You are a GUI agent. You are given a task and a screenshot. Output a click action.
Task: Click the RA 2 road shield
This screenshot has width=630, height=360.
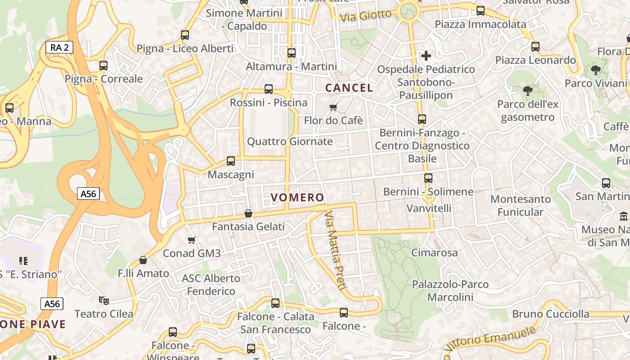59,47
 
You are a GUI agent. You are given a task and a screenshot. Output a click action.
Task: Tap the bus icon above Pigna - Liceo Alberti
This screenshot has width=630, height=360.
184,35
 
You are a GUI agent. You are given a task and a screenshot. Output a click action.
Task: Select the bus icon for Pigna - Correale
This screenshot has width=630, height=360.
103,65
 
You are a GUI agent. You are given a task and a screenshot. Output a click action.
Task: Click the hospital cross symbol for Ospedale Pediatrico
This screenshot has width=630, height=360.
426,56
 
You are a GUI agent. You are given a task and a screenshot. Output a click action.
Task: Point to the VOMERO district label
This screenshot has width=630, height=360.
297,197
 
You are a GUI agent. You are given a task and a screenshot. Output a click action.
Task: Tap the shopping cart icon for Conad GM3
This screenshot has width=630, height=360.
192,240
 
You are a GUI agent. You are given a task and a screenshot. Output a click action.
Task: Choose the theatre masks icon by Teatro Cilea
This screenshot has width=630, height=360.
103,300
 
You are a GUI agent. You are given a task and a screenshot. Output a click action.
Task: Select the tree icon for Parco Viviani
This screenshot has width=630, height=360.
596,70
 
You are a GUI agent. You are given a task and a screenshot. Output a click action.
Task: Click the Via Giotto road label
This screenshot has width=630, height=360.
366,16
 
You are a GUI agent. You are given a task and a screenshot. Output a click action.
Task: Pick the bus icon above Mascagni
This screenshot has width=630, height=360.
231,161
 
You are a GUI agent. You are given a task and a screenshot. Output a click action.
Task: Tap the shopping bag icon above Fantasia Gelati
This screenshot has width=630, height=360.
248,213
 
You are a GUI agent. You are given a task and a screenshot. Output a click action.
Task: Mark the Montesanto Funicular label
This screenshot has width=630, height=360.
520,205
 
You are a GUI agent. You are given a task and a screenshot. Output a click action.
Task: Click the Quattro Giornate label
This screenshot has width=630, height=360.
290,141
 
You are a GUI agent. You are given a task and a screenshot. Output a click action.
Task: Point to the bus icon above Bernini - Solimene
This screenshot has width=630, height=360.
428,178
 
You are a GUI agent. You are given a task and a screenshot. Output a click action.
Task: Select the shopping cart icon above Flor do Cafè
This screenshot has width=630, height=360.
333,107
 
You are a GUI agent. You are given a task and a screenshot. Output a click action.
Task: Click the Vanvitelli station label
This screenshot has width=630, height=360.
428,208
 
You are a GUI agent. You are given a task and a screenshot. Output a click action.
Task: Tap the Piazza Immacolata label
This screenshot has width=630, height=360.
480,24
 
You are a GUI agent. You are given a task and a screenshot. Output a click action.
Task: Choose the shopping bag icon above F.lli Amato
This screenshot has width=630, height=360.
143,260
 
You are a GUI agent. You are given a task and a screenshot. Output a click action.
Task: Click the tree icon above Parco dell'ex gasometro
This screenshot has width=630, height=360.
527,91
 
